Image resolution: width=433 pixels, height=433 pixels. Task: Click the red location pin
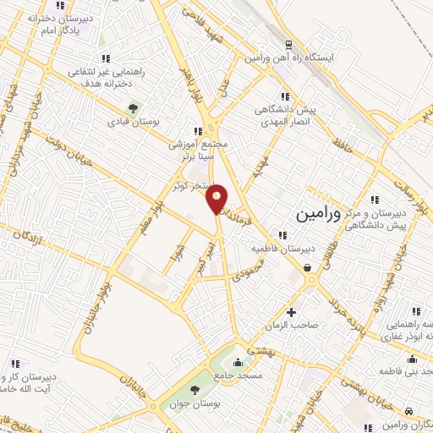218,198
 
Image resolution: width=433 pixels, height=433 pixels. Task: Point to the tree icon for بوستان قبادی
131,109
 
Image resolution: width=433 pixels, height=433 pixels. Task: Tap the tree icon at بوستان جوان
195,390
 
